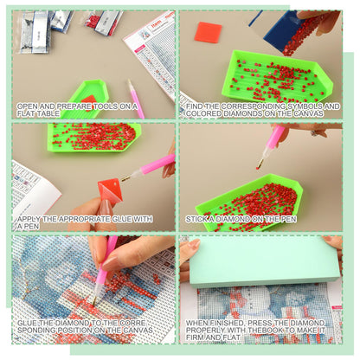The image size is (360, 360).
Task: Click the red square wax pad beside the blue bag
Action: coord(208,33)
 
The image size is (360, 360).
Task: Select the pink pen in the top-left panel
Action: coord(136,99)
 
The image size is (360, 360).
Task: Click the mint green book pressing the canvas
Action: coord(264,261)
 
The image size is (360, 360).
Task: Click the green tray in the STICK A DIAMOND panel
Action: coord(249,201)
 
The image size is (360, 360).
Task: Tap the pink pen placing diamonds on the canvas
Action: coord(103,270)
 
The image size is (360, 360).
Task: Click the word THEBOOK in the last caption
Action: coord(265,330)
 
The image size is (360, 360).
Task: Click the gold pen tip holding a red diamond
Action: coord(260,164)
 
